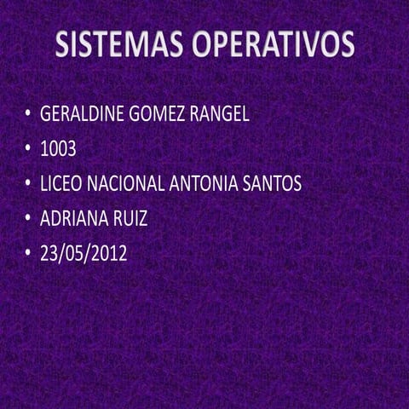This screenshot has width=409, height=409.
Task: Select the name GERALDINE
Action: [83, 114]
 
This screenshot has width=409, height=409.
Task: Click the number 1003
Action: [58, 149]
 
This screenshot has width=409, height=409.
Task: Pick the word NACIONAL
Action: [126, 183]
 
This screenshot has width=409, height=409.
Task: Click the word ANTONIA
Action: [207, 183]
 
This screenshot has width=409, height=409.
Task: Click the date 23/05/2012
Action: [84, 253]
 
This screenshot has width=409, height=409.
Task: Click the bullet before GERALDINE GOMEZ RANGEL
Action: [27, 114]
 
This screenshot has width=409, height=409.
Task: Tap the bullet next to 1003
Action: [27, 149]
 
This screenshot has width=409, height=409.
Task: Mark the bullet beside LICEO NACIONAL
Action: [27, 183]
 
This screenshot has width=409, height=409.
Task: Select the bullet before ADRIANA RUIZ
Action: [27, 218]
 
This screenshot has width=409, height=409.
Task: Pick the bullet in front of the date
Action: [27, 253]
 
